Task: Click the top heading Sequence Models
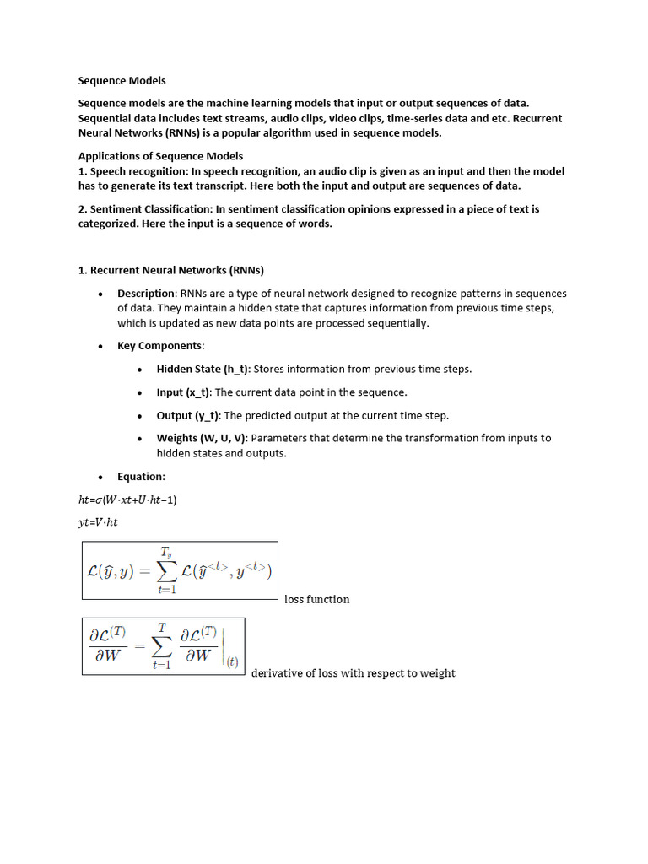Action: pos(122,81)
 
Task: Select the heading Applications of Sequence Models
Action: pos(160,156)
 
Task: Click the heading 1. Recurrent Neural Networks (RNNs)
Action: pos(171,271)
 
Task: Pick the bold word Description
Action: pos(146,294)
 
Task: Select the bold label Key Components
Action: pos(159,346)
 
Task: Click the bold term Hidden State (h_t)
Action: pos(202,369)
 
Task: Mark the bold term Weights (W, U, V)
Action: pos(202,438)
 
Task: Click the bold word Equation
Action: pos(140,477)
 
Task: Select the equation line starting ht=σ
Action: pos(127,499)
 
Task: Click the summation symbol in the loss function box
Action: pos(165,571)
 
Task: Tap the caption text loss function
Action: pos(316,599)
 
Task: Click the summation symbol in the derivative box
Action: pos(161,647)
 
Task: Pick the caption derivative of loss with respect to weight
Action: pos(354,673)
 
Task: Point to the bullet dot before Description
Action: pos(100,294)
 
